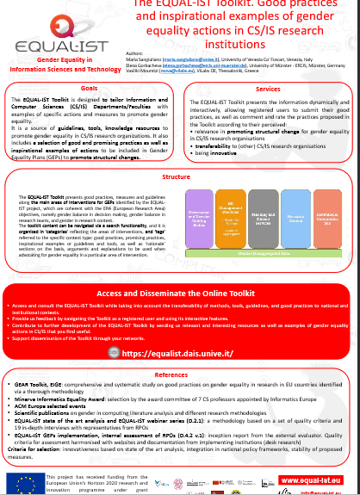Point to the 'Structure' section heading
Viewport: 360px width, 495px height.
pyautogui.click(x=176, y=176)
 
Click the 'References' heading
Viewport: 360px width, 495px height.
pyautogui.click(x=180, y=376)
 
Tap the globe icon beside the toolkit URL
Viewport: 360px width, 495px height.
pyautogui.click(x=115, y=352)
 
